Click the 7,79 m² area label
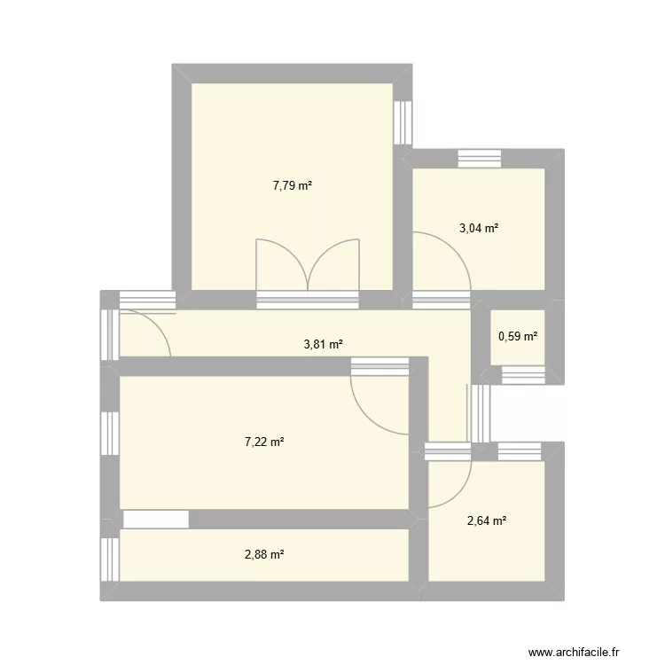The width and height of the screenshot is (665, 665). pyautogui.click(x=293, y=186)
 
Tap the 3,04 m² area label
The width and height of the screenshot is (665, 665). pyautogui.click(x=478, y=228)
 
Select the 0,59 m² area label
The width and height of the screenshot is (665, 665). pyautogui.click(x=519, y=336)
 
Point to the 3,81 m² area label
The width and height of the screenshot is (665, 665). pyautogui.click(x=323, y=346)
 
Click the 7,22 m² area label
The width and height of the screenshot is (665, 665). pyautogui.click(x=264, y=442)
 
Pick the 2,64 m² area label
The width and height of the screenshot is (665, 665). pyautogui.click(x=487, y=520)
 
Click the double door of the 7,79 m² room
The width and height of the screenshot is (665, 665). pyautogui.click(x=308, y=264)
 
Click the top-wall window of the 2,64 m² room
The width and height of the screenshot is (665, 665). pyautogui.click(x=519, y=451)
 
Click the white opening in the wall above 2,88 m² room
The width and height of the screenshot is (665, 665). pyautogui.click(x=156, y=520)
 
